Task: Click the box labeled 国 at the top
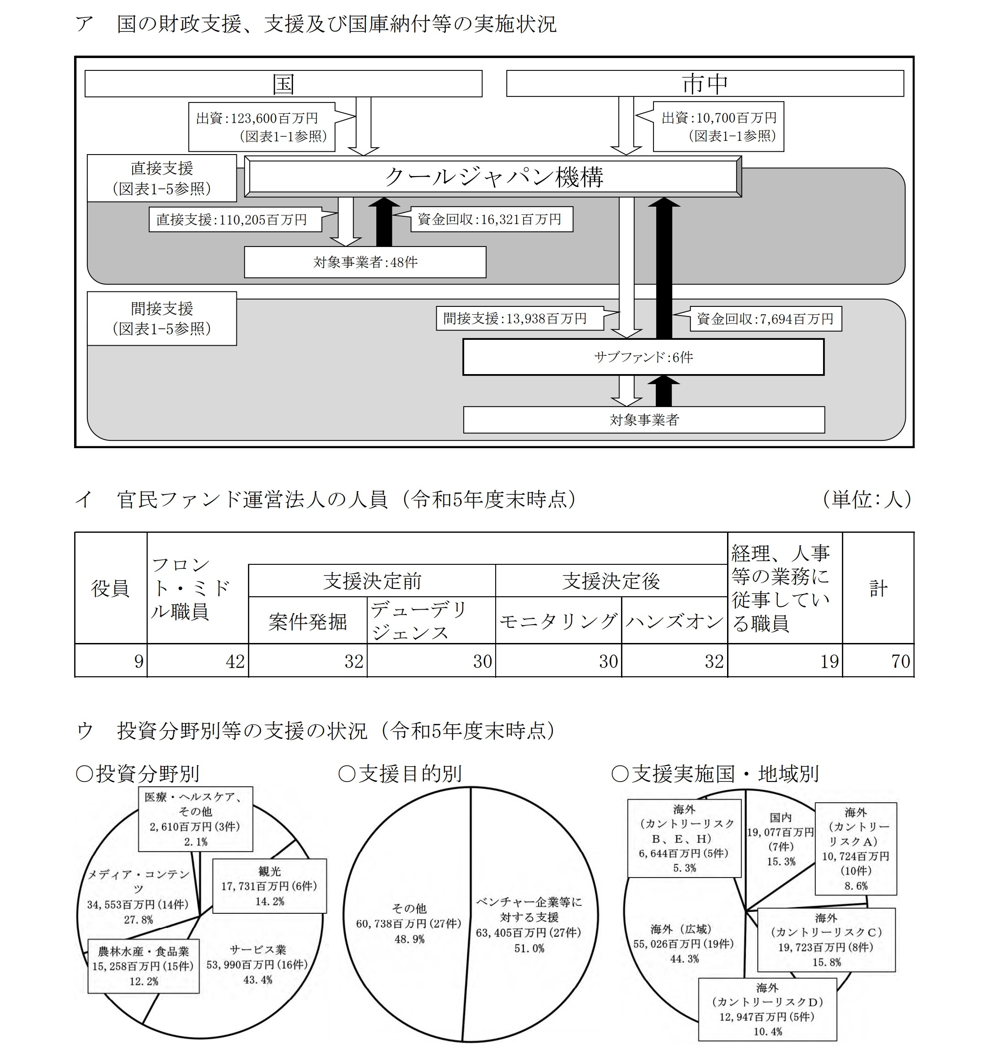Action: click(x=284, y=84)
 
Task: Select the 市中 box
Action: click(x=705, y=84)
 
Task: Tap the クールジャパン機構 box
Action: click(x=493, y=176)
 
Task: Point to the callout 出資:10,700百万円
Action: click(x=718, y=126)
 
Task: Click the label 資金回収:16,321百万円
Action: click(x=492, y=220)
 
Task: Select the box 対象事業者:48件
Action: click(x=365, y=262)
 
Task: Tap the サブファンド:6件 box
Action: click(x=643, y=357)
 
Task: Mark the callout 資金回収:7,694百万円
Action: click(x=765, y=319)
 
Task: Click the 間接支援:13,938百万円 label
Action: click(x=519, y=318)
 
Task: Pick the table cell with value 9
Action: click(x=111, y=660)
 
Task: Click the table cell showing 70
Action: click(x=878, y=660)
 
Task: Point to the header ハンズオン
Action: click(x=674, y=621)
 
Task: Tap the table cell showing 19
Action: click(x=785, y=660)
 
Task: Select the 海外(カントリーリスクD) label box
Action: click(x=768, y=1009)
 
